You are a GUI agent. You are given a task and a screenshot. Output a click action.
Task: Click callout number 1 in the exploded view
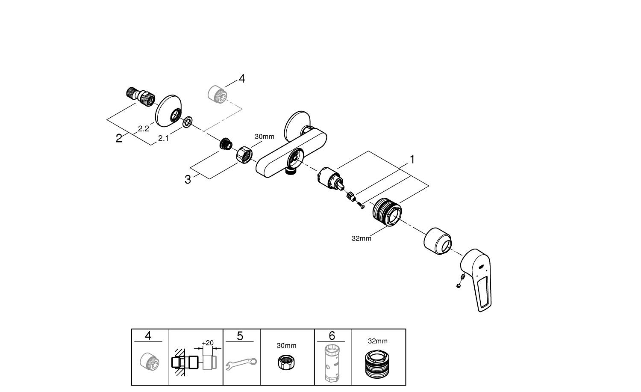(412, 159)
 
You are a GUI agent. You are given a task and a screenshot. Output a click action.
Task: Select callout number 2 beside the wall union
(119, 138)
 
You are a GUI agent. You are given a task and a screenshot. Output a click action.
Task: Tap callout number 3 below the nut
(188, 180)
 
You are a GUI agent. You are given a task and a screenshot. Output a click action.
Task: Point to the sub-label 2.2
(143, 128)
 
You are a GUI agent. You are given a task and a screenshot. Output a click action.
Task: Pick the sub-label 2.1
(163, 138)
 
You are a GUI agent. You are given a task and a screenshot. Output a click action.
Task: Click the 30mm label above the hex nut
(264, 137)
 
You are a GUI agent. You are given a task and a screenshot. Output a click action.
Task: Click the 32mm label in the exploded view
(361, 238)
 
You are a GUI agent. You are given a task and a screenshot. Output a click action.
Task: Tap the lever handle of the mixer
(478, 278)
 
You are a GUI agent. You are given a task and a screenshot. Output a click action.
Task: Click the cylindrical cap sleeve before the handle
(438, 242)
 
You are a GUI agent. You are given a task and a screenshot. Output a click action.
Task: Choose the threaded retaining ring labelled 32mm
(387, 211)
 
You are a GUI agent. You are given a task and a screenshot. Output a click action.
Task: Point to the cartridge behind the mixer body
(330, 177)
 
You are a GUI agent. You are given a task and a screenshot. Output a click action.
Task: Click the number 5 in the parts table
(240, 336)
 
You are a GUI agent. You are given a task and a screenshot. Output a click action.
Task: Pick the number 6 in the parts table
(332, 336)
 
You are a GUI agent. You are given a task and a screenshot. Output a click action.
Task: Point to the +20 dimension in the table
(208, 343)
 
